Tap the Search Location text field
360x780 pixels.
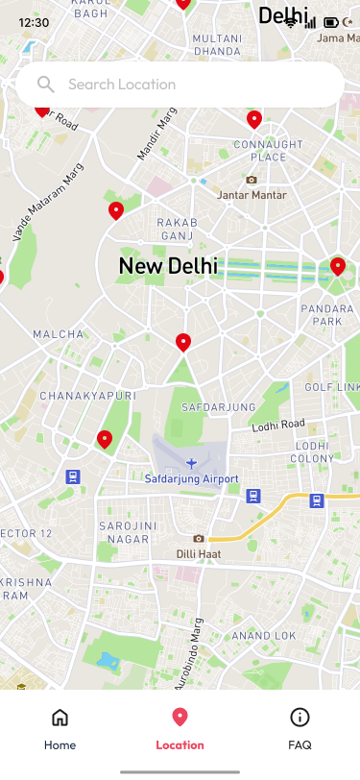(192, 85)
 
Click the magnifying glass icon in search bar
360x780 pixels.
(45, 85)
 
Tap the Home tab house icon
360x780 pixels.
(60, 718)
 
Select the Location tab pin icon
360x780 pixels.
(180, 718)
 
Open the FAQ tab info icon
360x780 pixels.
(300, 718)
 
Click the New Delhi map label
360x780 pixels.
(168, 266)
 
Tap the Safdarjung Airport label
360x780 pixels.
(191, 478)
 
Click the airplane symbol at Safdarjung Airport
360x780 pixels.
(192, 463)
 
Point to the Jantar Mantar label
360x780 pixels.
(252, 195)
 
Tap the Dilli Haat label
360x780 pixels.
(199, 553)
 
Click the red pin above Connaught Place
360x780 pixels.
(254, 119)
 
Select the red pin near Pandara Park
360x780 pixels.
(338, 266)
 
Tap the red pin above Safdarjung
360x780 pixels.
(183, 342)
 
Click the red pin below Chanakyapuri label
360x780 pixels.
(105, 439)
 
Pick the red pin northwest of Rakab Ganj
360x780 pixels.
(116, 210)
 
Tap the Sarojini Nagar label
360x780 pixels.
(126, 532)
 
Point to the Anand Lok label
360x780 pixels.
(263, 635)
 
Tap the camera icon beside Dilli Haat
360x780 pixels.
(199, 539)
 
